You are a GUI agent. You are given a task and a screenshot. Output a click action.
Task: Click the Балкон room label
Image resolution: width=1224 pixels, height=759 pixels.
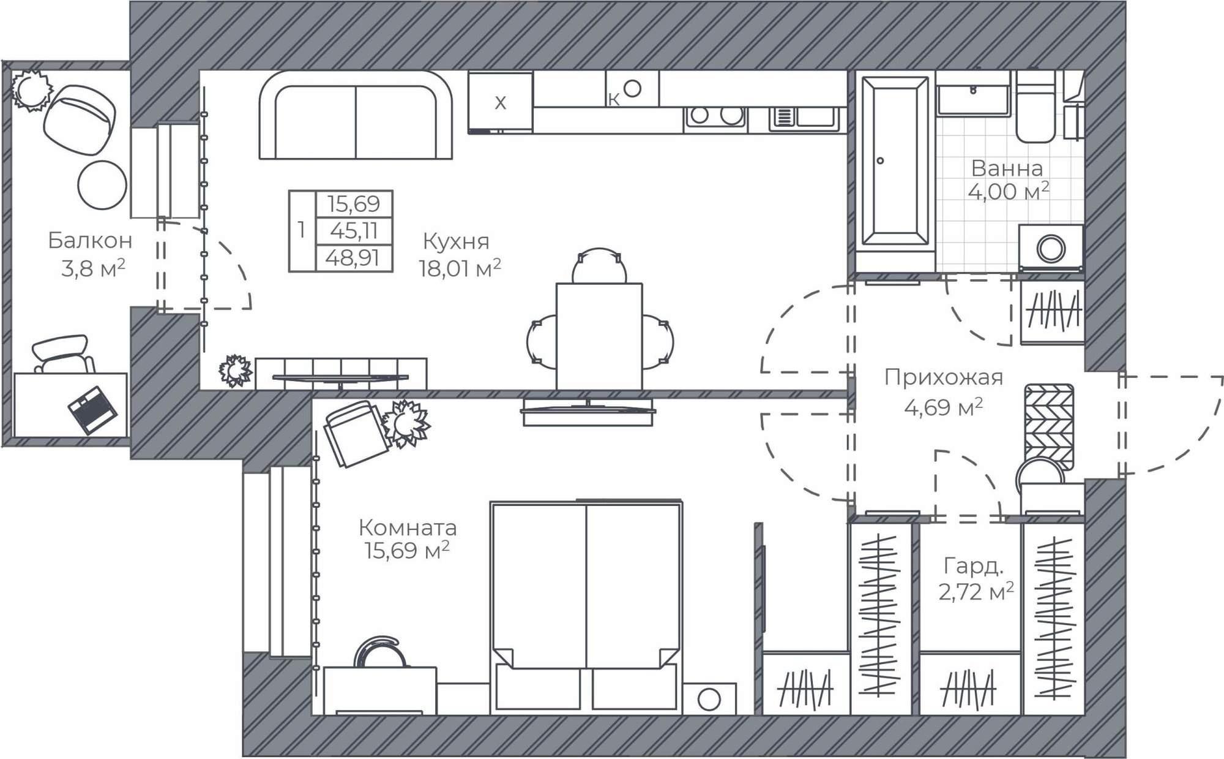pos(90,241)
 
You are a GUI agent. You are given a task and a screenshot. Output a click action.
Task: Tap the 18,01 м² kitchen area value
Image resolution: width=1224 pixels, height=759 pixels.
pos(460,268)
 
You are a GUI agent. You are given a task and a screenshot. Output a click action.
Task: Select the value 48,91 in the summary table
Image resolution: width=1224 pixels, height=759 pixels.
pos(353,258)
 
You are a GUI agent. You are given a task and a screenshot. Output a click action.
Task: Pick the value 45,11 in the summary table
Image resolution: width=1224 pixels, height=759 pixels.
pos(353,231)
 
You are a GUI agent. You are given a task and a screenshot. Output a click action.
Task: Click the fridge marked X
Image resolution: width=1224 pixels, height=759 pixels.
pos(500,102)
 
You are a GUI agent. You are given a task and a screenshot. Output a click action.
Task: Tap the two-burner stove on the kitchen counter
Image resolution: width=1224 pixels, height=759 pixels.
pos(715,116)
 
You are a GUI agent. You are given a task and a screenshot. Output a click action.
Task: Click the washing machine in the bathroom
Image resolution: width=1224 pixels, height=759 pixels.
pos(1051,249)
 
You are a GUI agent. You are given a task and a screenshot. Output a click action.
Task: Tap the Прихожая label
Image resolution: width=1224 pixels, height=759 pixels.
pos(943,377)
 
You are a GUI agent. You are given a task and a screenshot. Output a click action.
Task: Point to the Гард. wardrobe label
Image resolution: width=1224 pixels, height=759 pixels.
pos(973,566)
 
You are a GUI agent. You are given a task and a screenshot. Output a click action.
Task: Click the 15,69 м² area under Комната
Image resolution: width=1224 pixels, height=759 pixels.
pos(407,551)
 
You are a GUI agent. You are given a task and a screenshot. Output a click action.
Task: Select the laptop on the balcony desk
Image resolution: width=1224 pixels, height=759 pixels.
pos(92,409)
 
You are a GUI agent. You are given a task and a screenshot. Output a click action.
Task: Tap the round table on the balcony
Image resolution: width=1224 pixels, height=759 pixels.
pos(102,185)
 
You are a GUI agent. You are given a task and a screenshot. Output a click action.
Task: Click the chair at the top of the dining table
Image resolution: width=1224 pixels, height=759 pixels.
pos(599,265)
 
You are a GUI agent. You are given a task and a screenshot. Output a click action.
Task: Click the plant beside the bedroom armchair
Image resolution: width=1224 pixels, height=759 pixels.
pos(405,423)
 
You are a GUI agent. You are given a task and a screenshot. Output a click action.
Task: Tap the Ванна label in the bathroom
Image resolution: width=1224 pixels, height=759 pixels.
pos(1007,168)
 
